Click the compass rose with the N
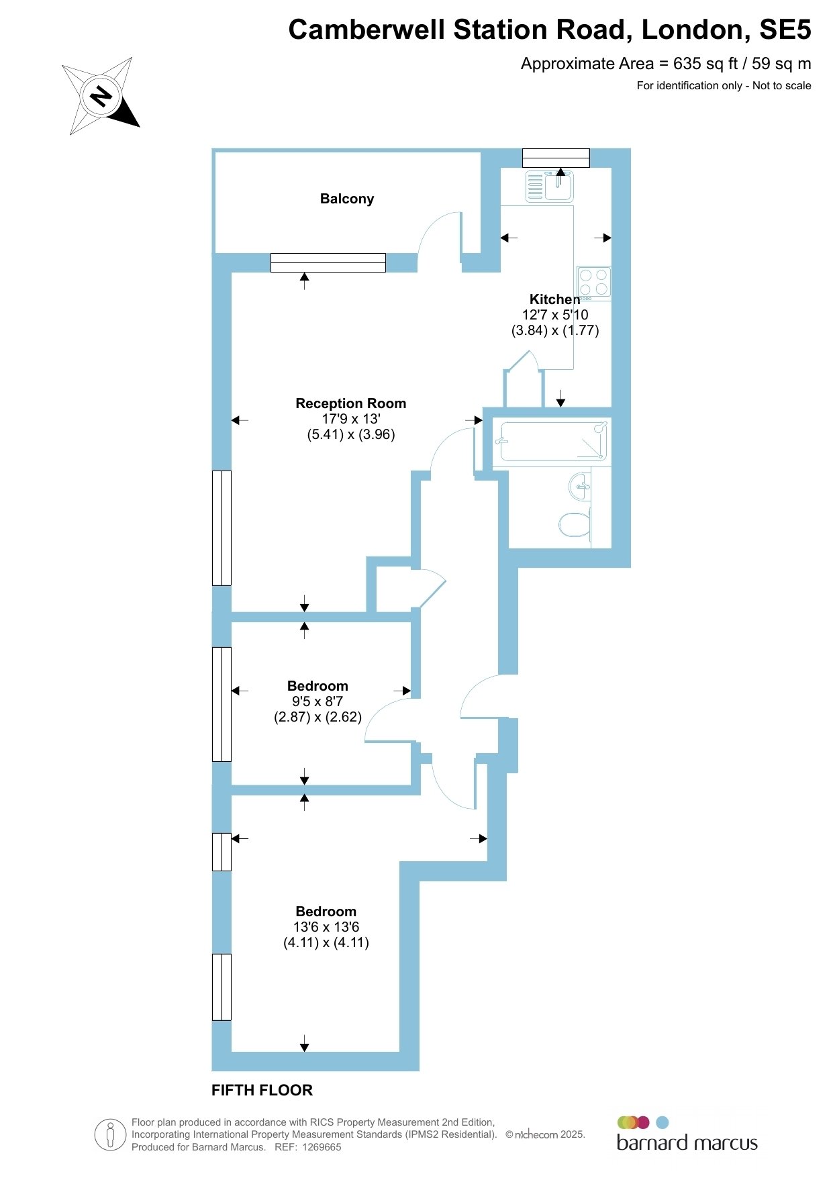[x=101, y=96]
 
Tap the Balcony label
[x=347, y=199]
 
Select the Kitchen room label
[x=554, y=299]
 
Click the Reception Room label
[x=351, y=403]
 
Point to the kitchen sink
[x=549, y=186]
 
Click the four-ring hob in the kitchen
[x=593, y=282]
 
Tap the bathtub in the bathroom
[x=551, y=441]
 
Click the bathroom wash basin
[x=581, y=486]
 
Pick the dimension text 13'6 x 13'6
[x=326, y=927]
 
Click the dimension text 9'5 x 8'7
[x=317, y=701]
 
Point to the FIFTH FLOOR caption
[x=262, y=1090]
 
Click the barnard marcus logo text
[x=687, y=1142]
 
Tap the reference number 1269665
[x=322, y=1147]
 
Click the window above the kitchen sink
[x=556, y=158]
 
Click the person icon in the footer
[x=110, y=1135]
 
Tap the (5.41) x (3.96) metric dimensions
[x=351, y=434]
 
